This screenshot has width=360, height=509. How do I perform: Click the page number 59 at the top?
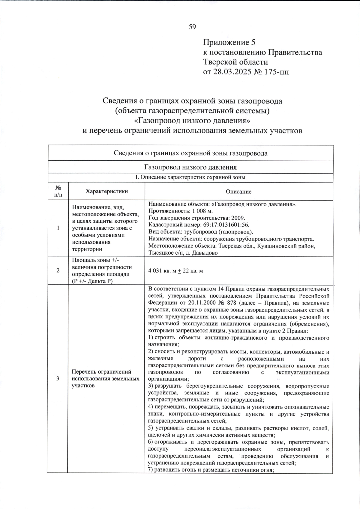[x=192, y=27]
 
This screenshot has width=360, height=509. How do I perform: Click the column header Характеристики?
[x=106, y=191]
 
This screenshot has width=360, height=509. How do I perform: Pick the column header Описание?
[x=239, y=192]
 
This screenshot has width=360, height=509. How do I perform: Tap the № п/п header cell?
[x=58, y=191]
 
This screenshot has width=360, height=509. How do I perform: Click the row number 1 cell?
[x=58, y=228]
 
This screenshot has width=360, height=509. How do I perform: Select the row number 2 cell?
[x=58, y=270]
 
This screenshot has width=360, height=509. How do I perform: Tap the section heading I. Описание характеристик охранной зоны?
[x=190, y=177]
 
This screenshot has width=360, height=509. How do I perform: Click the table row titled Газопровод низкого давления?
[x=190, y=167]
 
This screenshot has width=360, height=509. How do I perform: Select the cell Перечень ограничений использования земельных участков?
[x=105, y=379]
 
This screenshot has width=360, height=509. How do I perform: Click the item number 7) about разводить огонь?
[x=151, y=470]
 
